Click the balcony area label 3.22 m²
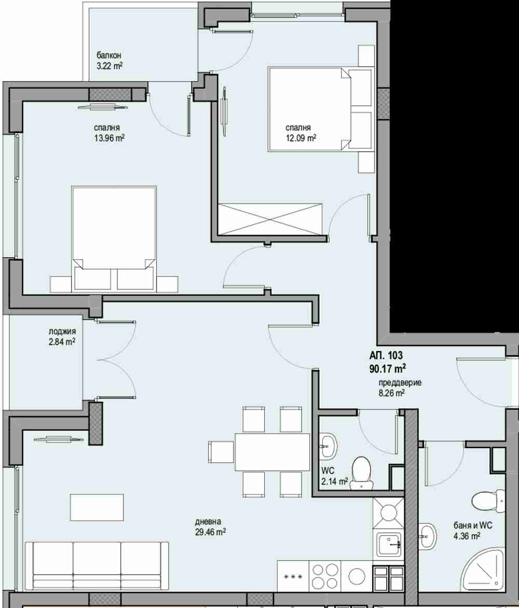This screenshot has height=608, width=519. point(110,65)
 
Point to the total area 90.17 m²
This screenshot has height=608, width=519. point(388,368)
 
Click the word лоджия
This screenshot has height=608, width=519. point(62,331)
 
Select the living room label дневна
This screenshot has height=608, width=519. point(208,522)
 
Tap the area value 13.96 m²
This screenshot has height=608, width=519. point(109,137)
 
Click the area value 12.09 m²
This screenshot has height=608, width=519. point(301,137)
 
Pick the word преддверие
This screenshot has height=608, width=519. point(400,383)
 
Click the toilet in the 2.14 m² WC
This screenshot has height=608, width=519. point(362,472)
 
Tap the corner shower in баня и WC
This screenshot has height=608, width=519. point(483,570)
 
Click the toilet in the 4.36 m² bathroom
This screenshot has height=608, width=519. point(488,501)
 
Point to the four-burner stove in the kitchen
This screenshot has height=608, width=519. point(325,576)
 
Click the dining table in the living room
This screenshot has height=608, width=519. point(272,452)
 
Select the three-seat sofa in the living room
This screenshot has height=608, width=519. point(97,566)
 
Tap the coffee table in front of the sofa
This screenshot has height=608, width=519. point(97,507)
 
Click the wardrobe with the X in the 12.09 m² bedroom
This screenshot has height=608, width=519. point(270,219)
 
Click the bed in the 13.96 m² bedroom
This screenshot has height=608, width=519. point(114,238)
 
